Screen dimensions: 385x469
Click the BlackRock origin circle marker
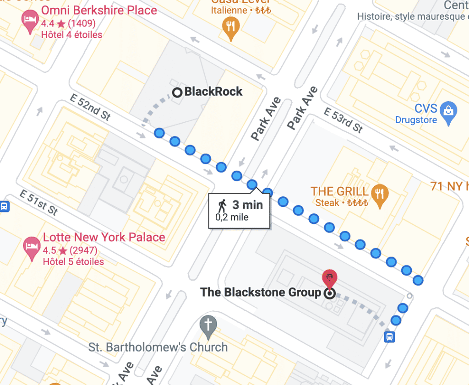177,92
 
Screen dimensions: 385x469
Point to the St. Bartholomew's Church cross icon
208,325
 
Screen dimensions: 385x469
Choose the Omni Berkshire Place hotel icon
30,21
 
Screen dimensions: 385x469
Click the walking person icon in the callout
223,205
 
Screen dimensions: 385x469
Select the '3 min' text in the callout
247,205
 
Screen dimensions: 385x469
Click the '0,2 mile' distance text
232,217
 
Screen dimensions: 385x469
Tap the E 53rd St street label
344,120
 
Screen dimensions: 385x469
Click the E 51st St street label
38,202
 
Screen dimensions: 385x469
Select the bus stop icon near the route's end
389,337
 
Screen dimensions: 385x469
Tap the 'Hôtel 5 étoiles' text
73,262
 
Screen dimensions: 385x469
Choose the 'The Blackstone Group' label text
261,293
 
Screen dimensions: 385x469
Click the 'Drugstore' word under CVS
416,120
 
